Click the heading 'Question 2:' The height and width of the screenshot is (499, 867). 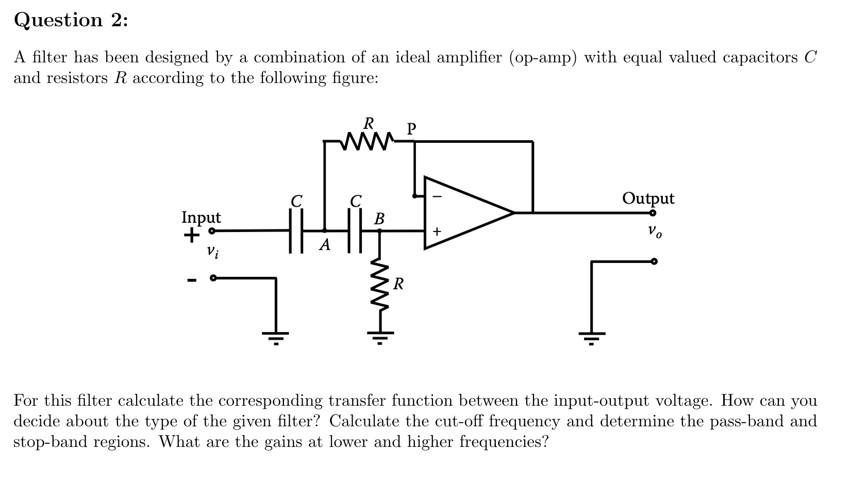click(x=71, y=20)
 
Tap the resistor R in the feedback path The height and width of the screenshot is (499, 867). click(x=368, y=140)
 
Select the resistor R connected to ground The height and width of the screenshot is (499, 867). click(x=380, y=286)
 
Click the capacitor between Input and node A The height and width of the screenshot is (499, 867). click(x=296, y=230)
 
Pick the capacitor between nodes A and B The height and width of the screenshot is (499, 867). click(x=355, y=230)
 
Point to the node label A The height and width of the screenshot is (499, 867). click(x=324, y=245)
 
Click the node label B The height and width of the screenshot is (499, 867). click(x=379, y=219)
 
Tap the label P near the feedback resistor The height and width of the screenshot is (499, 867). click(x=411, y=128)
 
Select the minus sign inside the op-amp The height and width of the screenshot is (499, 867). click(x=437, y=196)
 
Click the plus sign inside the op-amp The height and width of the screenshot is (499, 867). click(x=437, y=232)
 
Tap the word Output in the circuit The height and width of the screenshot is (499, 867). click(x=648, y=198)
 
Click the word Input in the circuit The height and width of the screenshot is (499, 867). click(x=201, y=218)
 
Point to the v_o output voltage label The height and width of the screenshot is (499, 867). click(x=655, y=231)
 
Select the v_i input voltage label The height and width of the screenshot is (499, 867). click(x=212, y=252)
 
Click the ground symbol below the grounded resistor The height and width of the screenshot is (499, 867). click(x=380, y=337)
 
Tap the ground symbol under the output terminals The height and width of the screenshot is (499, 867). click(x=591, y=338)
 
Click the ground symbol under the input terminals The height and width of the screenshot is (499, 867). click(x=275, y=338)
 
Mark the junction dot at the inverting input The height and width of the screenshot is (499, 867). click(x=414, y=196)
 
